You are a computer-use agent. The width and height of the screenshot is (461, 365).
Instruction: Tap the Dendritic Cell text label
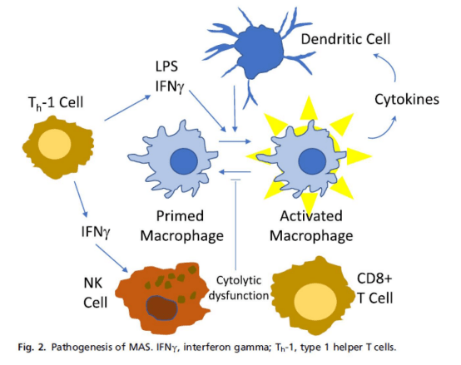tap(345, 39)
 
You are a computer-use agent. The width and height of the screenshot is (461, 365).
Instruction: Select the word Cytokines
tap(407, 99)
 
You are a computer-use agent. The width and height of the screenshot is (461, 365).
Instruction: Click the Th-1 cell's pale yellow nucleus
tap(55, 144)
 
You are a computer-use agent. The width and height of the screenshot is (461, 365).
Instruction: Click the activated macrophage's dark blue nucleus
tap(312, 161)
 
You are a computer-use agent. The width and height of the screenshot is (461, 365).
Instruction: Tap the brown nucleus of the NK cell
tap(161, 308)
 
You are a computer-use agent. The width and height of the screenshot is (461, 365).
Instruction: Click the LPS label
tap(166, 67)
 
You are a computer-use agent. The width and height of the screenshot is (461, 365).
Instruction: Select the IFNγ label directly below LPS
tap(170, 86)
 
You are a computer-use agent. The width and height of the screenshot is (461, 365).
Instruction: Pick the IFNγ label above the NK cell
tap(96, 232)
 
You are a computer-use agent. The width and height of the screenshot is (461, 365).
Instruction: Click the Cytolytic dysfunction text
tap(239, 288)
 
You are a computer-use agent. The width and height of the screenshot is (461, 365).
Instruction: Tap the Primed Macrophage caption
tap(182, 226)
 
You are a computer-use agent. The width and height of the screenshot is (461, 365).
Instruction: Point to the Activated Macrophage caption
tap(311, 226)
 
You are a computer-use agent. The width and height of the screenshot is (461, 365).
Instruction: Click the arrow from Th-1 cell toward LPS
tap(127, 107)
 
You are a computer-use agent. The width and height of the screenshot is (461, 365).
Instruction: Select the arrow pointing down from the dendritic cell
tap(235, 109)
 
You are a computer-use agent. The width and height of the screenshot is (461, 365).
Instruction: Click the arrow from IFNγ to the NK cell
tap(112, 258)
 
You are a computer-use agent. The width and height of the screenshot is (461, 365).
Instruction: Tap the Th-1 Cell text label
tap(56, 103)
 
